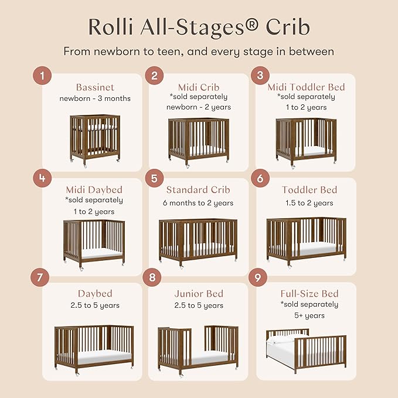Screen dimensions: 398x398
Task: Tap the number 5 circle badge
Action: tap(153, 178)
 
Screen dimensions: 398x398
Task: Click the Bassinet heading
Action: tap(94, 87)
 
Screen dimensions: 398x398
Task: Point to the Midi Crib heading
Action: tap(198, 87)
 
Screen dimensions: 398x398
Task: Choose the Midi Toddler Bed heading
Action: tap(306, 87)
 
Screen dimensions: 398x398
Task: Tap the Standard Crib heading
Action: tap(198, 190)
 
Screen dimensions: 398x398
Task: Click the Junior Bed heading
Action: tap(199, 293)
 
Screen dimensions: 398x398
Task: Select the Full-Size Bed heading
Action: tap(309, 293)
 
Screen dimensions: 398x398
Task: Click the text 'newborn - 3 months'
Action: tap(94, 98)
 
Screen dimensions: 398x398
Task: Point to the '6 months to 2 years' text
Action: tap(199, 203)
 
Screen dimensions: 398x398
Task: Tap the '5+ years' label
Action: tap(309, 315)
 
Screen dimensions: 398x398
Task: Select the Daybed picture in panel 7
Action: tap(94, 346)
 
